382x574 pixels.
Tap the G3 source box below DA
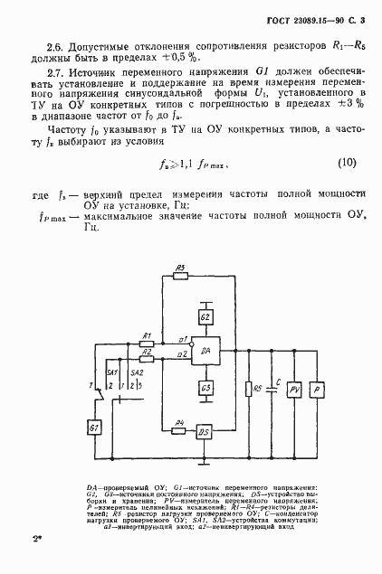tap(205, 388)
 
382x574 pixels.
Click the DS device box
tap(205, 431)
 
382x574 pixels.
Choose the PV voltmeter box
tap(293, 390)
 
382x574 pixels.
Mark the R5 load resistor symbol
tap(248, 390)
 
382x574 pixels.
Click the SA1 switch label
tap(112, 372)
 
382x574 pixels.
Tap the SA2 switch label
tap(137, 372)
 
